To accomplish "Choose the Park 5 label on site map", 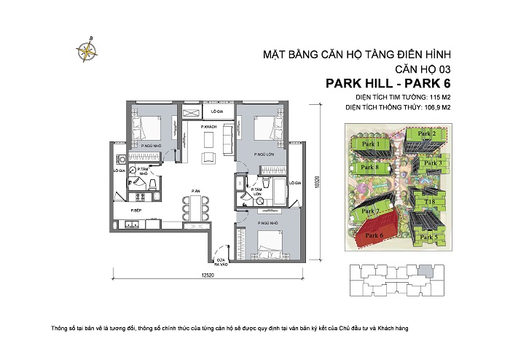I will [x=430, y=237].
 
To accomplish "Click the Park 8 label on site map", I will [x=370, y=168].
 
